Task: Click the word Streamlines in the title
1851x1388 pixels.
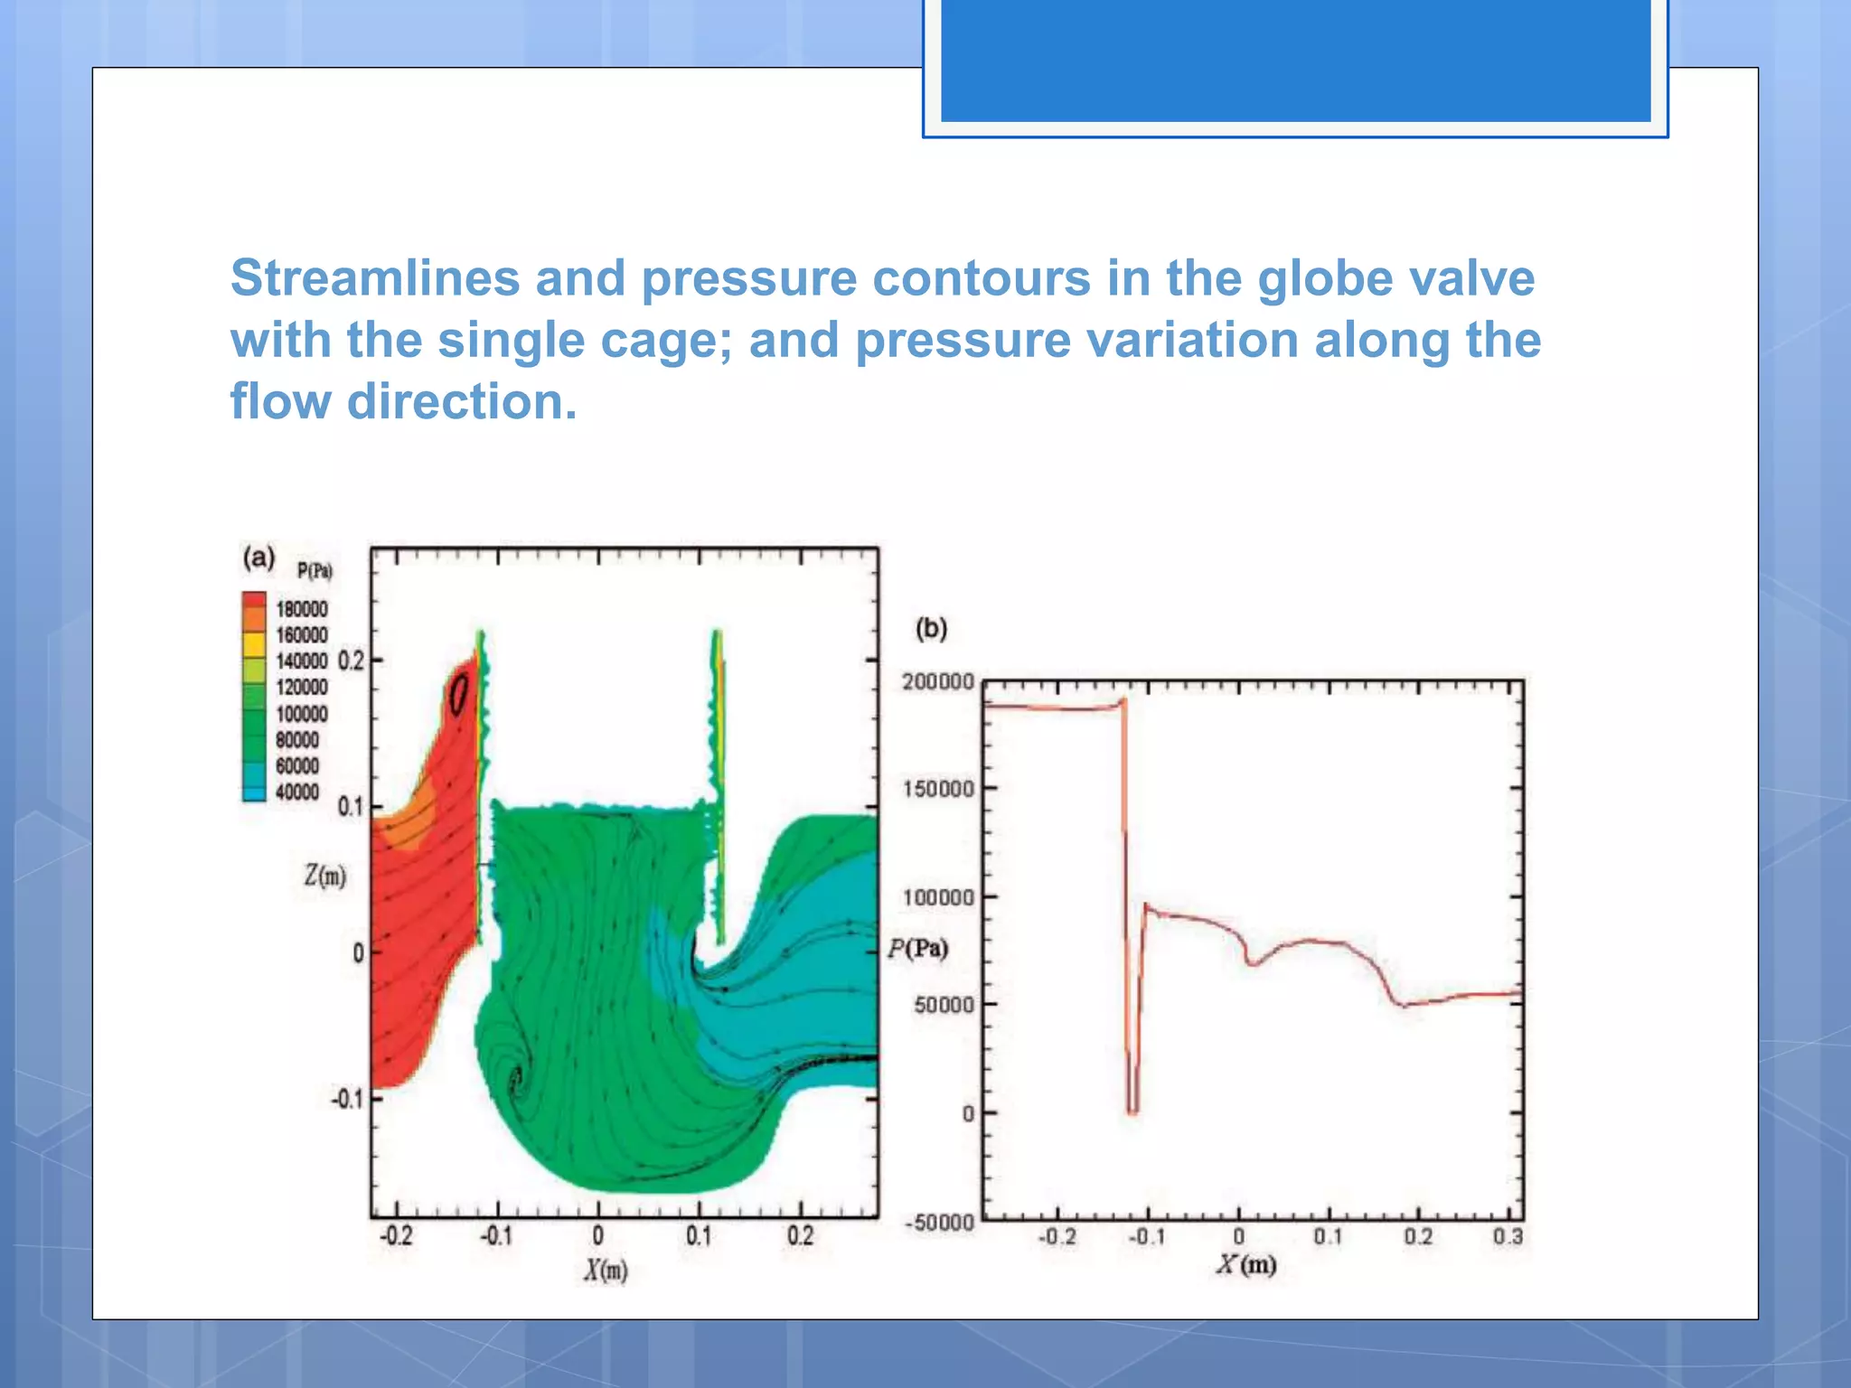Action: coord(375,277)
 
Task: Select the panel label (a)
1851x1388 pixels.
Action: coord(258,557)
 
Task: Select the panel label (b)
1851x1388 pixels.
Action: coord(931,628)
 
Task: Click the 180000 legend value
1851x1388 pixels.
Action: coord(302,609)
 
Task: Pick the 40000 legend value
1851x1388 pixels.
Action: coord(297,792)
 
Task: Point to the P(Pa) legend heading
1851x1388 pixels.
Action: coord(315,571)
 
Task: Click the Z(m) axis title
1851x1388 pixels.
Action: coord(324,875)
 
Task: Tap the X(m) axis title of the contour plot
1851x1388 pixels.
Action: coord(605,1271)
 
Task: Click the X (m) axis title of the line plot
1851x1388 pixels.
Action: coord(1245,1263)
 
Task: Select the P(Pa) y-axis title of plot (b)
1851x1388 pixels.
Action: coord(917,948)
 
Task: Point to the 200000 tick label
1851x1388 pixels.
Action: coord(937,682)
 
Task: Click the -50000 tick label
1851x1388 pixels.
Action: coord(939,1223)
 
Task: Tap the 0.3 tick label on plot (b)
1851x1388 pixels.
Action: coord(1508,1236)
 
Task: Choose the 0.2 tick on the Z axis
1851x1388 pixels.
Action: coord(351,661)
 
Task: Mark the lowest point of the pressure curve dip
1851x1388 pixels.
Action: coord(1132,1111)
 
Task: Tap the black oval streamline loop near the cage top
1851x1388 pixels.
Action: coord(459,694)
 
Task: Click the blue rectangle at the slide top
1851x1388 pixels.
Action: coord(1295,60)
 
